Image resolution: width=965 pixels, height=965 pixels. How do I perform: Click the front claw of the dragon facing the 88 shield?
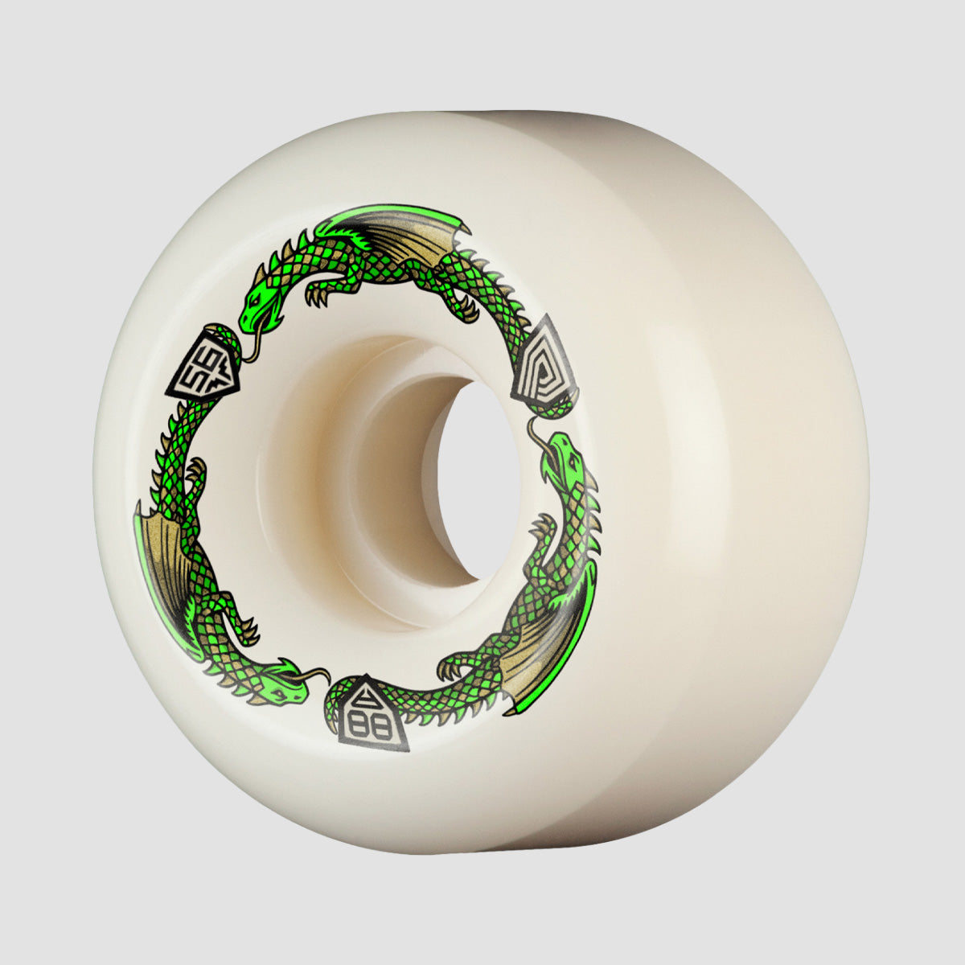click(246, 631)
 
